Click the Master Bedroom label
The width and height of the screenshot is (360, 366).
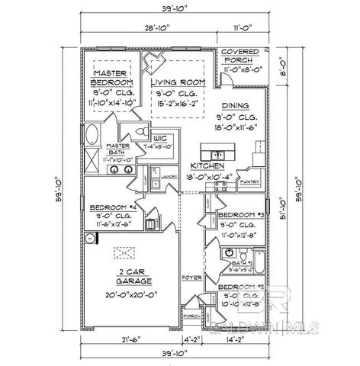[x=112, y=76]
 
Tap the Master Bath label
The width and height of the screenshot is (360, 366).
[x=117, y=148]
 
